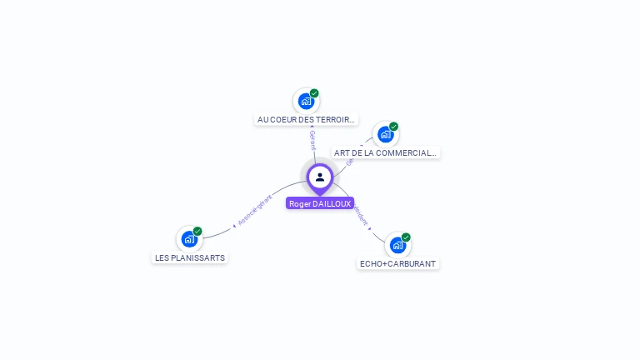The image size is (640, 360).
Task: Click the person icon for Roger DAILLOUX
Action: [320, 177]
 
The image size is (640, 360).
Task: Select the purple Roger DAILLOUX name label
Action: [320, 203]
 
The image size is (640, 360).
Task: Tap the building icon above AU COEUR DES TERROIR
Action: [306, 102]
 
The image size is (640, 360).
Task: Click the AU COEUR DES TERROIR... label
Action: [307, 120]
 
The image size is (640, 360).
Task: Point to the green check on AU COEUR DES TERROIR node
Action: [314, 93]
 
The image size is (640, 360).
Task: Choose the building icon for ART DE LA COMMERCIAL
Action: [385, 134]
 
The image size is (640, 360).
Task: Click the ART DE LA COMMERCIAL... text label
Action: [385, 153]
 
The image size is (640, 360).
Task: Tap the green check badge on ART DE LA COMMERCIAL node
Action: [393, 127]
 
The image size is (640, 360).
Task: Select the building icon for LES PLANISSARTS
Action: [189, 239]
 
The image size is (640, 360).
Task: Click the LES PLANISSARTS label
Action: [190, 258]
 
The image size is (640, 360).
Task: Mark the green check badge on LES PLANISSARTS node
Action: [197, 231]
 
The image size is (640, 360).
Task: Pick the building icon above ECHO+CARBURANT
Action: [397, 245]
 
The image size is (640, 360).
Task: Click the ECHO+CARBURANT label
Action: [397, 264]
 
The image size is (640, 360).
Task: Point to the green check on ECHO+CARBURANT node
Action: [406, 237]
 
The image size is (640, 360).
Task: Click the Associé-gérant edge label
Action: [254, 210]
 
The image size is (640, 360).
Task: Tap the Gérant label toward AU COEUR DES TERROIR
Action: [312, 139]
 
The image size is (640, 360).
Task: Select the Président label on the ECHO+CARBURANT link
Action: [361, 215]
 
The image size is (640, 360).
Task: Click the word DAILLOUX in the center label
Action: [332, 203]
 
